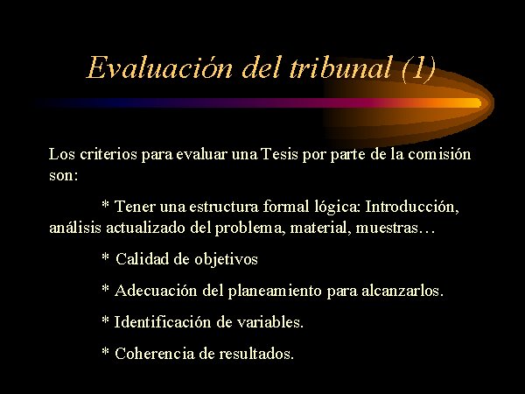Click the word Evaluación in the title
coord(159,67)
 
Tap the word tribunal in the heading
coord(339,67)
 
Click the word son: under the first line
coord(64,175)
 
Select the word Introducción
coord(412,207)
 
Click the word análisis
coord(75,228)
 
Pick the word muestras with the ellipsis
coord(395,228)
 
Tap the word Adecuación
coord(156,291)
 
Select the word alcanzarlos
coord(402,291)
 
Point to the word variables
coord(270,322)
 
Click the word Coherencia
coord(154,354)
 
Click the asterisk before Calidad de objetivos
coord(105,257)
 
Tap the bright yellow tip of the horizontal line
coord(477,102)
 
